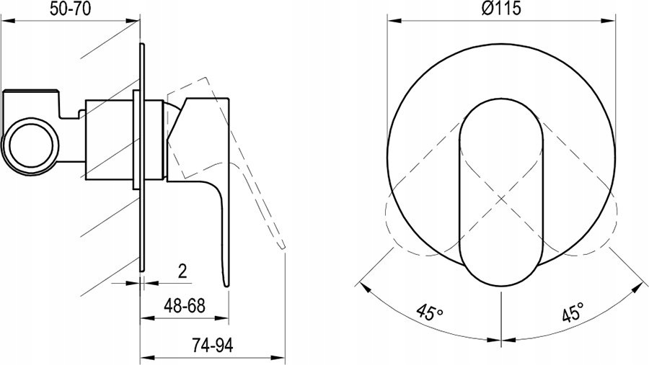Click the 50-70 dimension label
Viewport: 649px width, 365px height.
pyautogui.click(x=70, y=8)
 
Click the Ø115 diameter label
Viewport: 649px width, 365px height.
pyautogui.click(x=501, y=8)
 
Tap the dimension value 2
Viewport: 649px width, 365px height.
pyautogui.click(x=182, y=271)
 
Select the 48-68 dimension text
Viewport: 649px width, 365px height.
pyautogui.click(x=185, y=306)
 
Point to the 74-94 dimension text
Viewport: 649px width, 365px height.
pyautogui.click(x=213, y=345)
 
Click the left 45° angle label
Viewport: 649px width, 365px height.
pyautogui.click(x=430, y=312)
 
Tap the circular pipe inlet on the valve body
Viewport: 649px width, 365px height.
pyautogui.click(x=31, y=147)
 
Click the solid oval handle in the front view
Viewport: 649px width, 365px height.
pyautogui.click(x=501, y=191)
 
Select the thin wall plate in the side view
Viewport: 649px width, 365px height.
pyautogui.click(x=142, y=157)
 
